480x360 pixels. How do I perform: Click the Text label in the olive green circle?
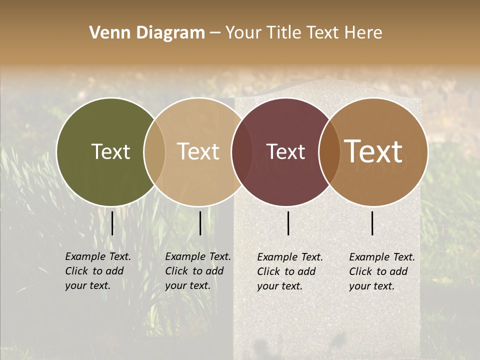110,151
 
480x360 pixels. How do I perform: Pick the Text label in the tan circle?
198,151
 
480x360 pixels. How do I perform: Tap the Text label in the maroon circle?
285,151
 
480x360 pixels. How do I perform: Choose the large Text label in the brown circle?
373,151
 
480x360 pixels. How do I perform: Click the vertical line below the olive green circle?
112,223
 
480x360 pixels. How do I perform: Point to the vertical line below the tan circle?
200,223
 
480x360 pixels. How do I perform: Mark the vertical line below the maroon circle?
288,223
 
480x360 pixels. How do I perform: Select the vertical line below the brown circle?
372,223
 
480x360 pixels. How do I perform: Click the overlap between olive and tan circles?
154,151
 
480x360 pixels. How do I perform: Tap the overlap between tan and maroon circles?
241,151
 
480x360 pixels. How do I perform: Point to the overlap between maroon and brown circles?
329,151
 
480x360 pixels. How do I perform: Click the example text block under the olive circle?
97,271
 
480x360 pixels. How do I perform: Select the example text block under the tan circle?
197,271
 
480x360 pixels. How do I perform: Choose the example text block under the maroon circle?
289,271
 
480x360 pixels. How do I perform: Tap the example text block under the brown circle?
381,271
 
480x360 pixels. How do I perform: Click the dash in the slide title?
215,33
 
